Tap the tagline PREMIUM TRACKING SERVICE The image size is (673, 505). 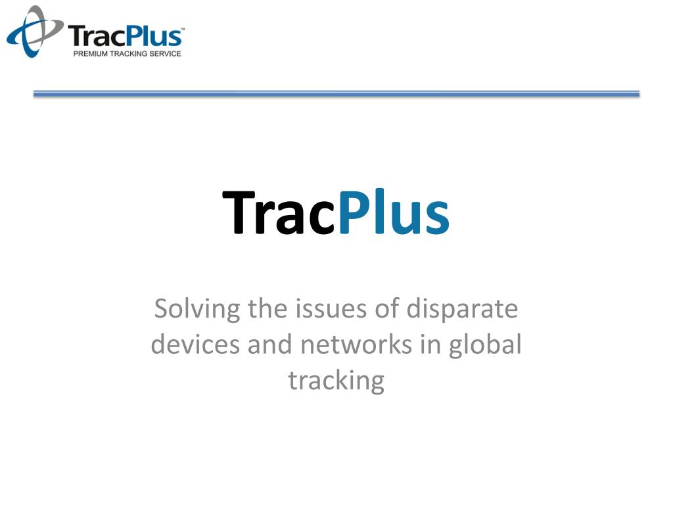tap(127, 53)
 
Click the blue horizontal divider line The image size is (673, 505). tap(336, 94)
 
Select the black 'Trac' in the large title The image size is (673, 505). tap(279, 213)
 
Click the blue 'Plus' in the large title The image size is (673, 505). tap(394, 213)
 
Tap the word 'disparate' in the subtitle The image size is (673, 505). tap(462, 308)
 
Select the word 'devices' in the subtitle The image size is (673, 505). tap(195, 345)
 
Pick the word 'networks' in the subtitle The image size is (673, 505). tap(349, 345)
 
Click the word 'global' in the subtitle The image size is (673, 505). tap(485, 345)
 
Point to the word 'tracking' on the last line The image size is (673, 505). tap(336, 381)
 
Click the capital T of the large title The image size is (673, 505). tap(239, 213)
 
